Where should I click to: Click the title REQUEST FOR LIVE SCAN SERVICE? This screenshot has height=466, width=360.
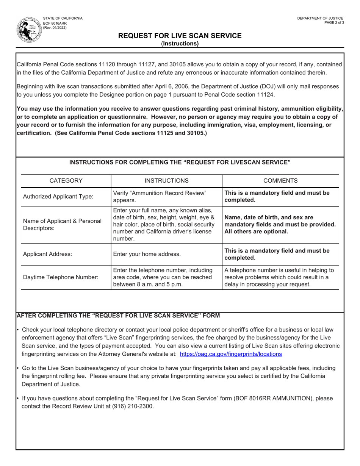click(180, 36)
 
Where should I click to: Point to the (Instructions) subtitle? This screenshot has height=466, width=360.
click(180, 44)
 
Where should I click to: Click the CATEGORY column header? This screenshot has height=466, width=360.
click(66, 181)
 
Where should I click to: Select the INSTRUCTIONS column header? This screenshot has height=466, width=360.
click(166, 181)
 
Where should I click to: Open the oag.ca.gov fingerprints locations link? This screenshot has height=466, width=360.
click(231, 354)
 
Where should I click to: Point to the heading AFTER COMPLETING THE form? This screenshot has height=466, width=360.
click(118, 316)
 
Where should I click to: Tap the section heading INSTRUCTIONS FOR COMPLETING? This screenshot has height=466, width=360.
click(180, 162)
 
